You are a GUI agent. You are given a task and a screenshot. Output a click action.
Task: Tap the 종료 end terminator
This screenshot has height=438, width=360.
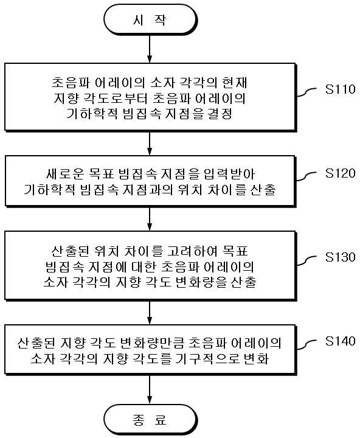[x=150, y=420]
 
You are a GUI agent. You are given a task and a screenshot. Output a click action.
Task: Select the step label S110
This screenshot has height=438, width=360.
[x=340, y=89]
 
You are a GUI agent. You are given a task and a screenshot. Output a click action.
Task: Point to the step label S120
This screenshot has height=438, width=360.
[x=340, y=173]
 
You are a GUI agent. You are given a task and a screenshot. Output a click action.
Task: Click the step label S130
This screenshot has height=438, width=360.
[x=340, y=257]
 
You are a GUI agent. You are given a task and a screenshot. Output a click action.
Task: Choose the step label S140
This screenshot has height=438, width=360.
[x=340, y=341]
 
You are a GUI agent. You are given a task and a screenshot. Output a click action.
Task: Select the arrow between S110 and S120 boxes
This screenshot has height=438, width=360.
[x=150, y=144]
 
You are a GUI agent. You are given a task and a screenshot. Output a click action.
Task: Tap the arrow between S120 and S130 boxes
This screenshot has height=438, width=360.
[x=150, y=219]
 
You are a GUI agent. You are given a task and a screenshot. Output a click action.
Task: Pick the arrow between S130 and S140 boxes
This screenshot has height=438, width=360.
[x=150, y=313]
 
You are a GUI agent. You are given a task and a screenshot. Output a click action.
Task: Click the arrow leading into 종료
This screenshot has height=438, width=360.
[x=150, y=389]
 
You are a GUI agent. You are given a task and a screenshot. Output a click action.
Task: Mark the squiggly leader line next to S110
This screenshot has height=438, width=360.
[x=306, y=92]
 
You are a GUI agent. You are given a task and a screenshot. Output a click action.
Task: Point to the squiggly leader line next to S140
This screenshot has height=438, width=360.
[x=306, y=344]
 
